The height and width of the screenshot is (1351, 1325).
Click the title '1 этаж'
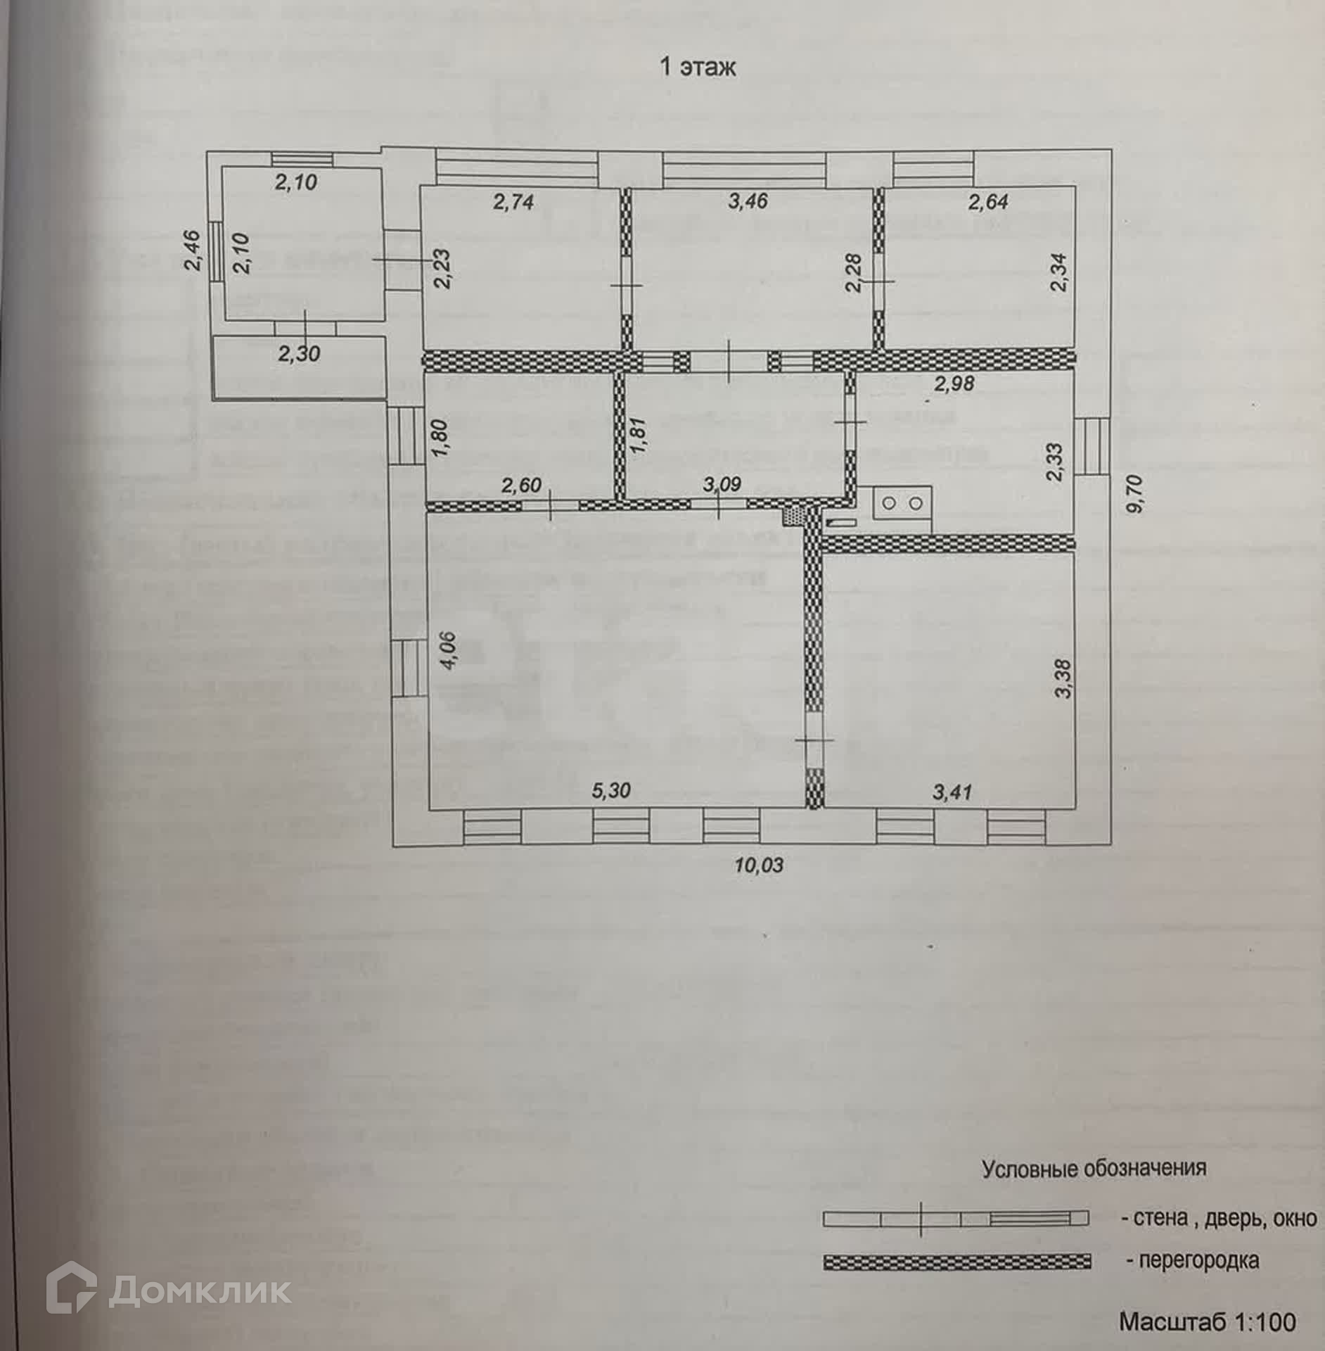(x=697, y=68)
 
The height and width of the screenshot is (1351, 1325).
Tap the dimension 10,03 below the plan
(x=759, y=864)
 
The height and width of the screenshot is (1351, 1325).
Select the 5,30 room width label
(x=611, y=790)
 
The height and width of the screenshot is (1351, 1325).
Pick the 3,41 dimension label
(x=952, y=792)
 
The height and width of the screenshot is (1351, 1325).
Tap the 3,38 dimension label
(x=1063, y=678)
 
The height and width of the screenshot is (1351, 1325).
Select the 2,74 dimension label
(x=513, y=203)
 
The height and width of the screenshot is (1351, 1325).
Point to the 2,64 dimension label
(x=988, y=202)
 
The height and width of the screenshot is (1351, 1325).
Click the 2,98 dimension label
(x=954, y=384)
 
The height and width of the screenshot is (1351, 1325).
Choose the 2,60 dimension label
(x=521, y=484)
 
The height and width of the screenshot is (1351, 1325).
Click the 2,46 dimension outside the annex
(x=193, y=250)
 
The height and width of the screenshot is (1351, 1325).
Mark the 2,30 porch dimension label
(x=299, y=353)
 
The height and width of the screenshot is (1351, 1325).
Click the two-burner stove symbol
(x=902, y=503)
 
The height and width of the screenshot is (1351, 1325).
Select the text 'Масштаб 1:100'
(x=1207, y=1321)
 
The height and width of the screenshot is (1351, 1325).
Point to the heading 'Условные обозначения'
(x=1094, y=1169)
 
